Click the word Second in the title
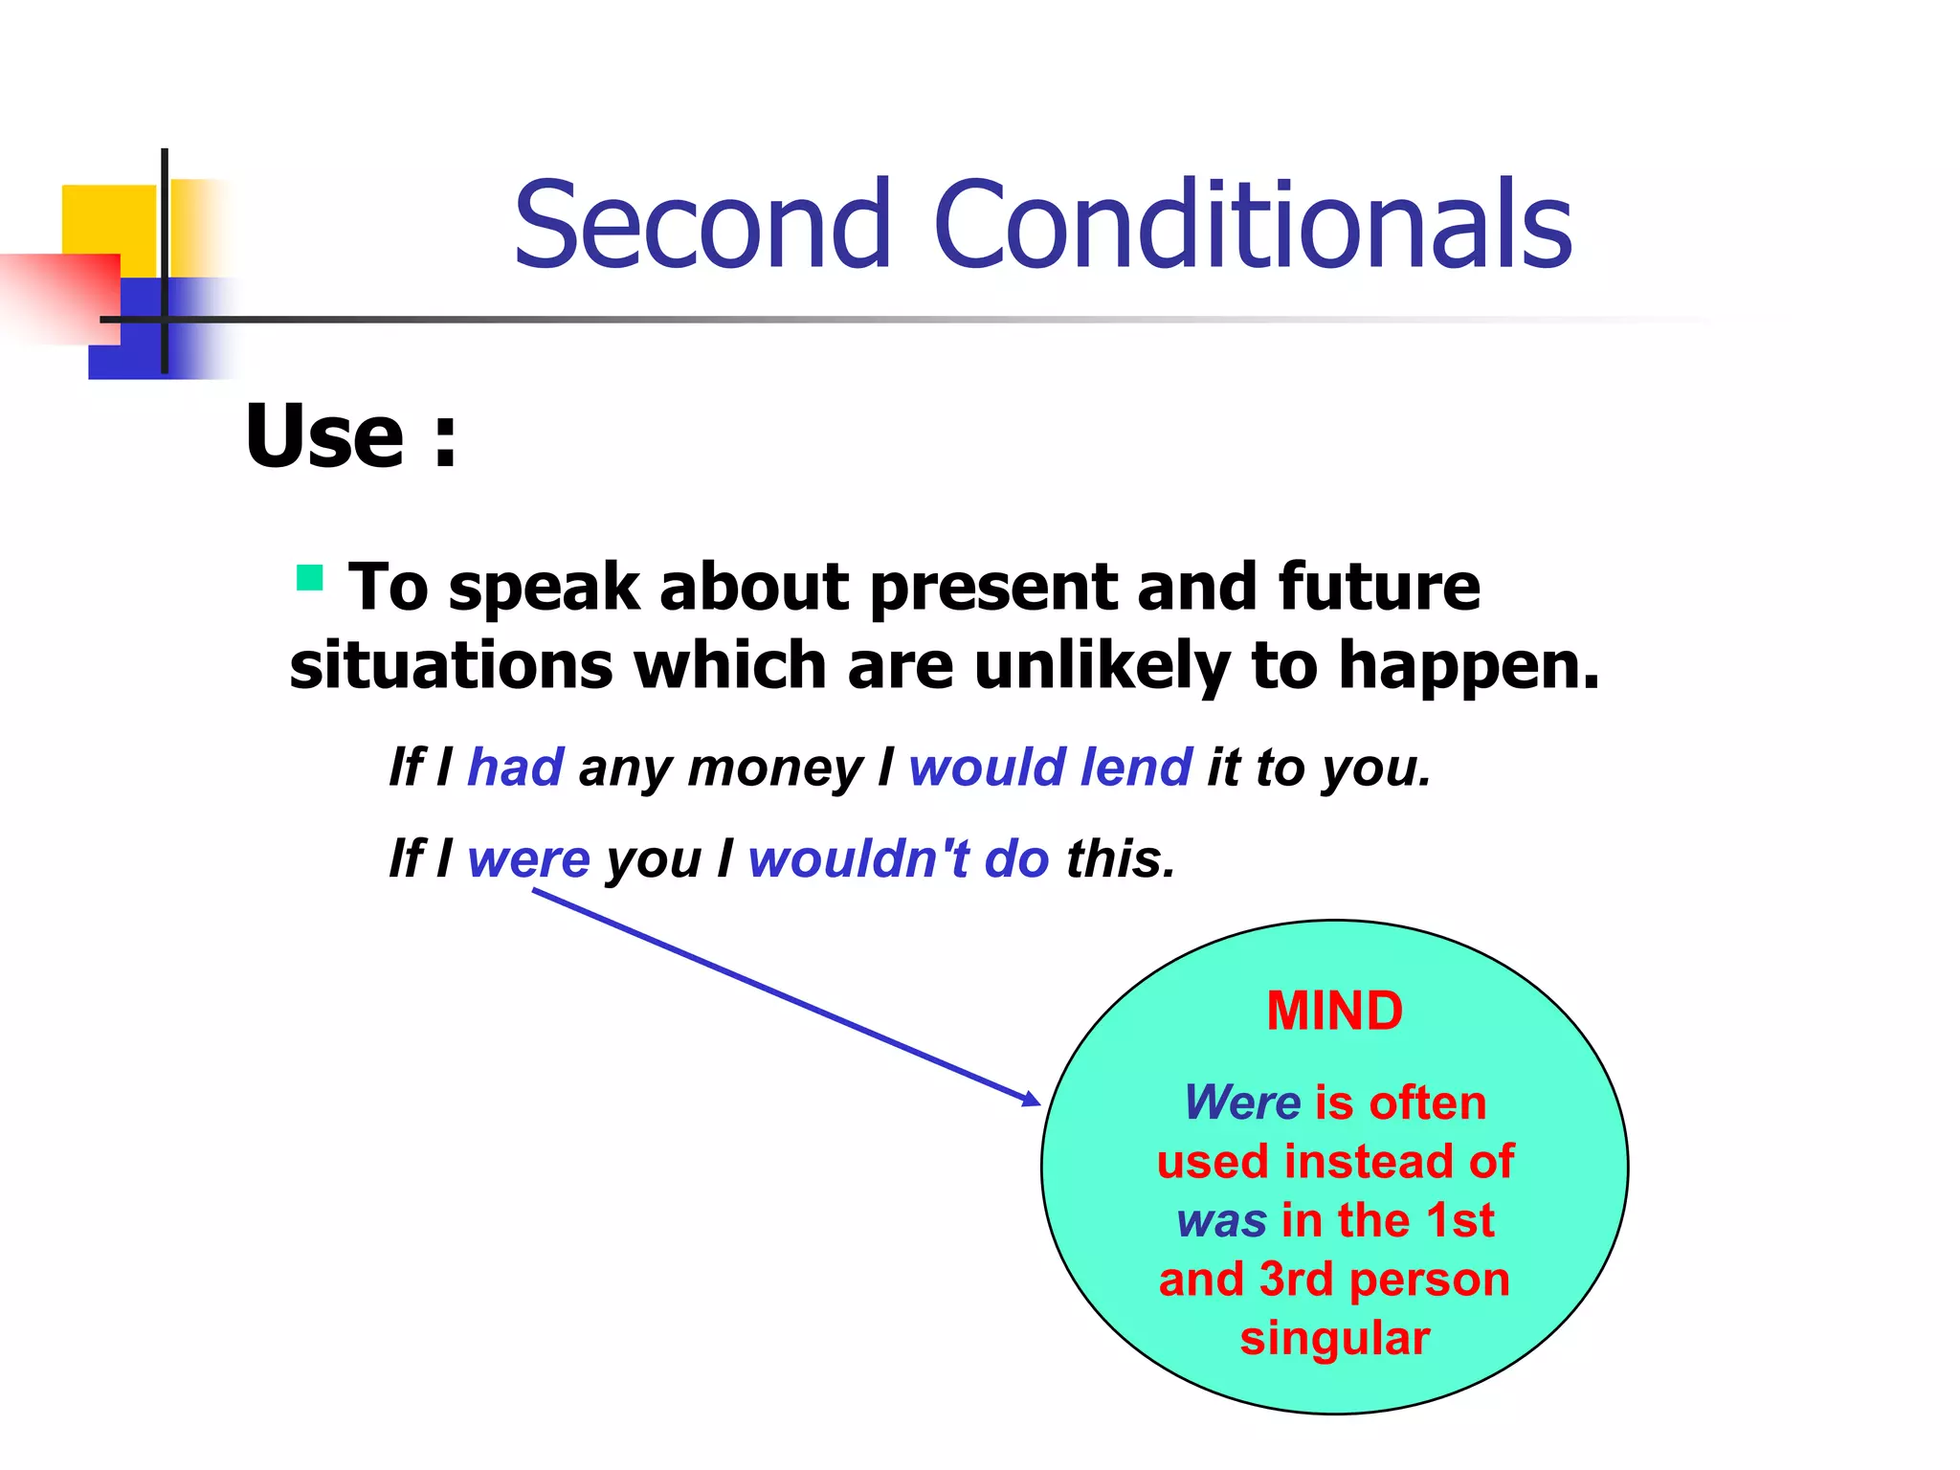coord(703,226)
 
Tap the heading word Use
coord(325,436)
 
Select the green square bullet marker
coord(309,578)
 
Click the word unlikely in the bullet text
coord(1102,666)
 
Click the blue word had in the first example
coord(516,768)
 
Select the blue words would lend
coord(1050,768)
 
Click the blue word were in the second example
coord(528,858)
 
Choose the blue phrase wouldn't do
coord(898,858)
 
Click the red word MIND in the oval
coord(1334,1012)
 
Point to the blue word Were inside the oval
coord(1241,1102)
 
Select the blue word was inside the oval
coord(1221,1221)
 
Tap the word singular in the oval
coord(1334,1338)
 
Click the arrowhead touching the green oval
coord(1032,1100)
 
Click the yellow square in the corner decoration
coord(107,218)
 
